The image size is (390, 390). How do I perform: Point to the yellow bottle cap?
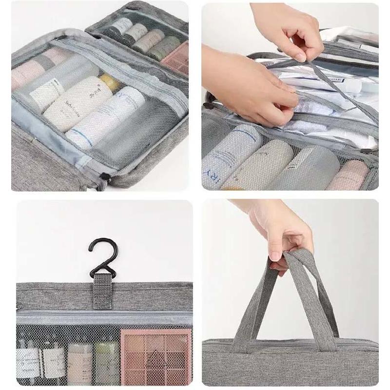click(x=110, y=82)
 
